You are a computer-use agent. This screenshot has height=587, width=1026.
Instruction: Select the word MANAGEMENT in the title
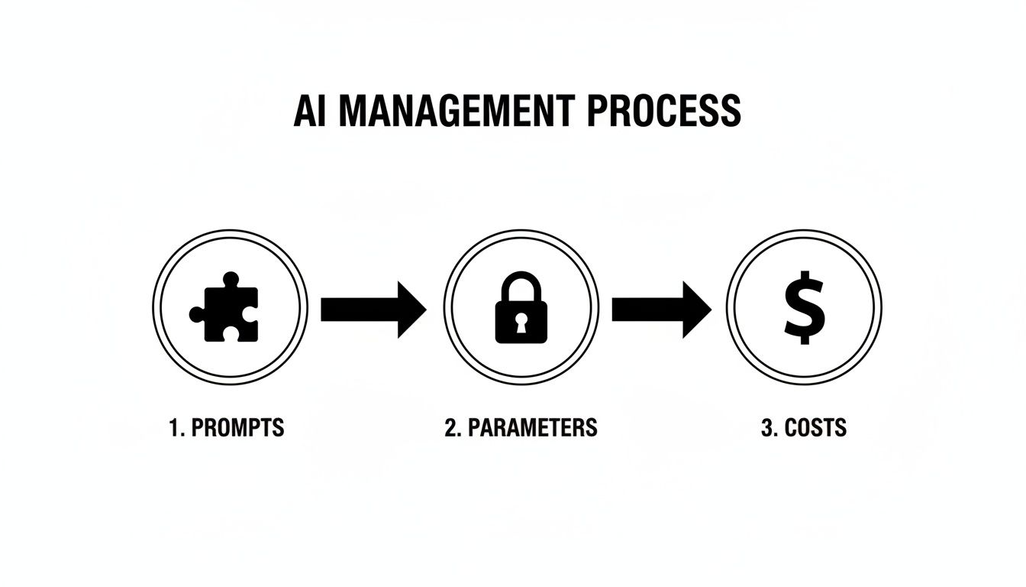pos(453,112)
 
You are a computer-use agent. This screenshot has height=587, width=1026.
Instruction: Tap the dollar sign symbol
pos(804,310)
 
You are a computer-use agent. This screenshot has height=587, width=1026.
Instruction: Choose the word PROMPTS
pos(237,427)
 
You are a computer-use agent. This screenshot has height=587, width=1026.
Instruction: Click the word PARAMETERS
pos(532,427)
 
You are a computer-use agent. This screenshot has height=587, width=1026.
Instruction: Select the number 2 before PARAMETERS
pos(451,427)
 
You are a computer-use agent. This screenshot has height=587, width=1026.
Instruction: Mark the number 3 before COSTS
pos(767,427)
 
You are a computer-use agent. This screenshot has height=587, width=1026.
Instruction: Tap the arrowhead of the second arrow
pos(696,309)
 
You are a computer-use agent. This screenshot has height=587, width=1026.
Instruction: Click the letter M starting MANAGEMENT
pos(354,112)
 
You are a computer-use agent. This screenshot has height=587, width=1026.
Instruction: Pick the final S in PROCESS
pos(729,112)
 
